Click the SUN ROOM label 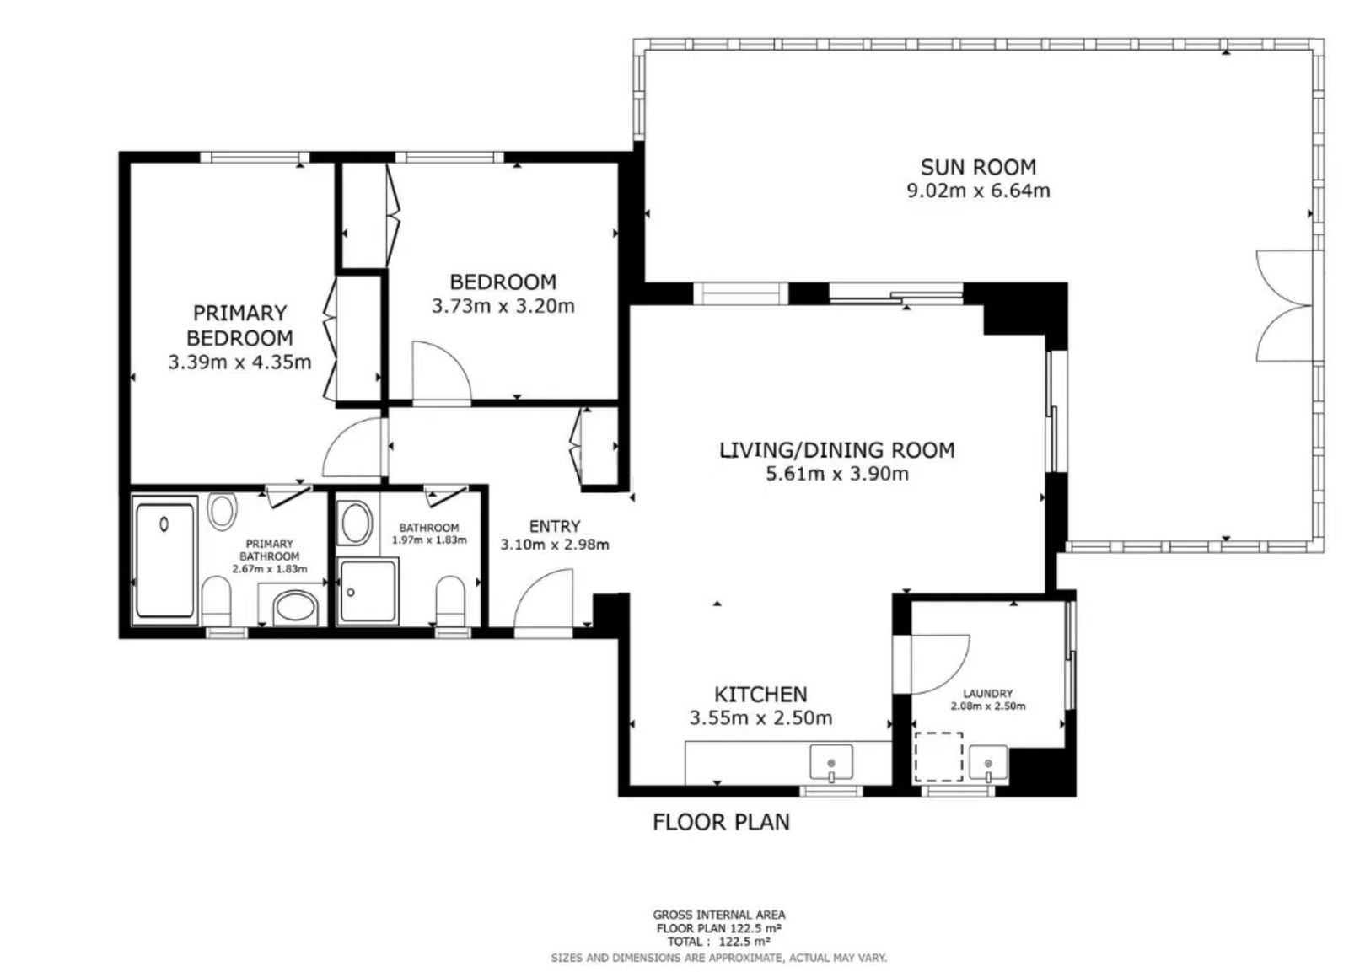coord(978,167)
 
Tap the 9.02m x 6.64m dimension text coord(978,191)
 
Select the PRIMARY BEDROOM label coord(239,325)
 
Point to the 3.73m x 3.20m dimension coord(503,306)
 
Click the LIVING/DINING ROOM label coord(837,450)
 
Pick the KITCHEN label coord(760,695)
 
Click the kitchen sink coord(831,762)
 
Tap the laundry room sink coord(988,765)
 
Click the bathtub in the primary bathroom coord(164,561)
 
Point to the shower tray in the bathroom coord(368,591)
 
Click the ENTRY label coord(555,526)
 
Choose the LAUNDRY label coord(987,693)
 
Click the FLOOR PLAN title coord(722,822)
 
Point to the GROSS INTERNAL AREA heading coord(719,916)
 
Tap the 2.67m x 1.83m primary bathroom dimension coord(270,569)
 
